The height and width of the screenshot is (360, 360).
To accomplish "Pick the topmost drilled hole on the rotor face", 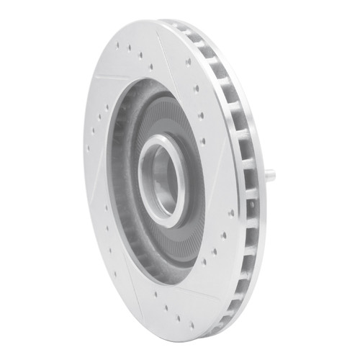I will [117, 45].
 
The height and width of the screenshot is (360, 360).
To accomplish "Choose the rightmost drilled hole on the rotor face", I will [231, 213].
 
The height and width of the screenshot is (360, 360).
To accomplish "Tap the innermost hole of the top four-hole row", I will [150, 66].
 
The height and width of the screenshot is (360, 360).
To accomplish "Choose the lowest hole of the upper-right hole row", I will [204, 141].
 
